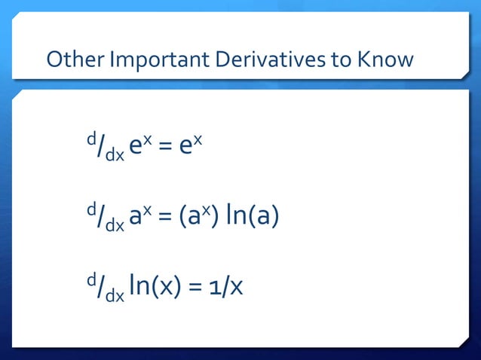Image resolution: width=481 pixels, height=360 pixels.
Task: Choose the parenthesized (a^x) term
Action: click(x=199, y=217)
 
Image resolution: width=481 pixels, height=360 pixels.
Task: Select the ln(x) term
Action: click(x=154, y=287)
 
